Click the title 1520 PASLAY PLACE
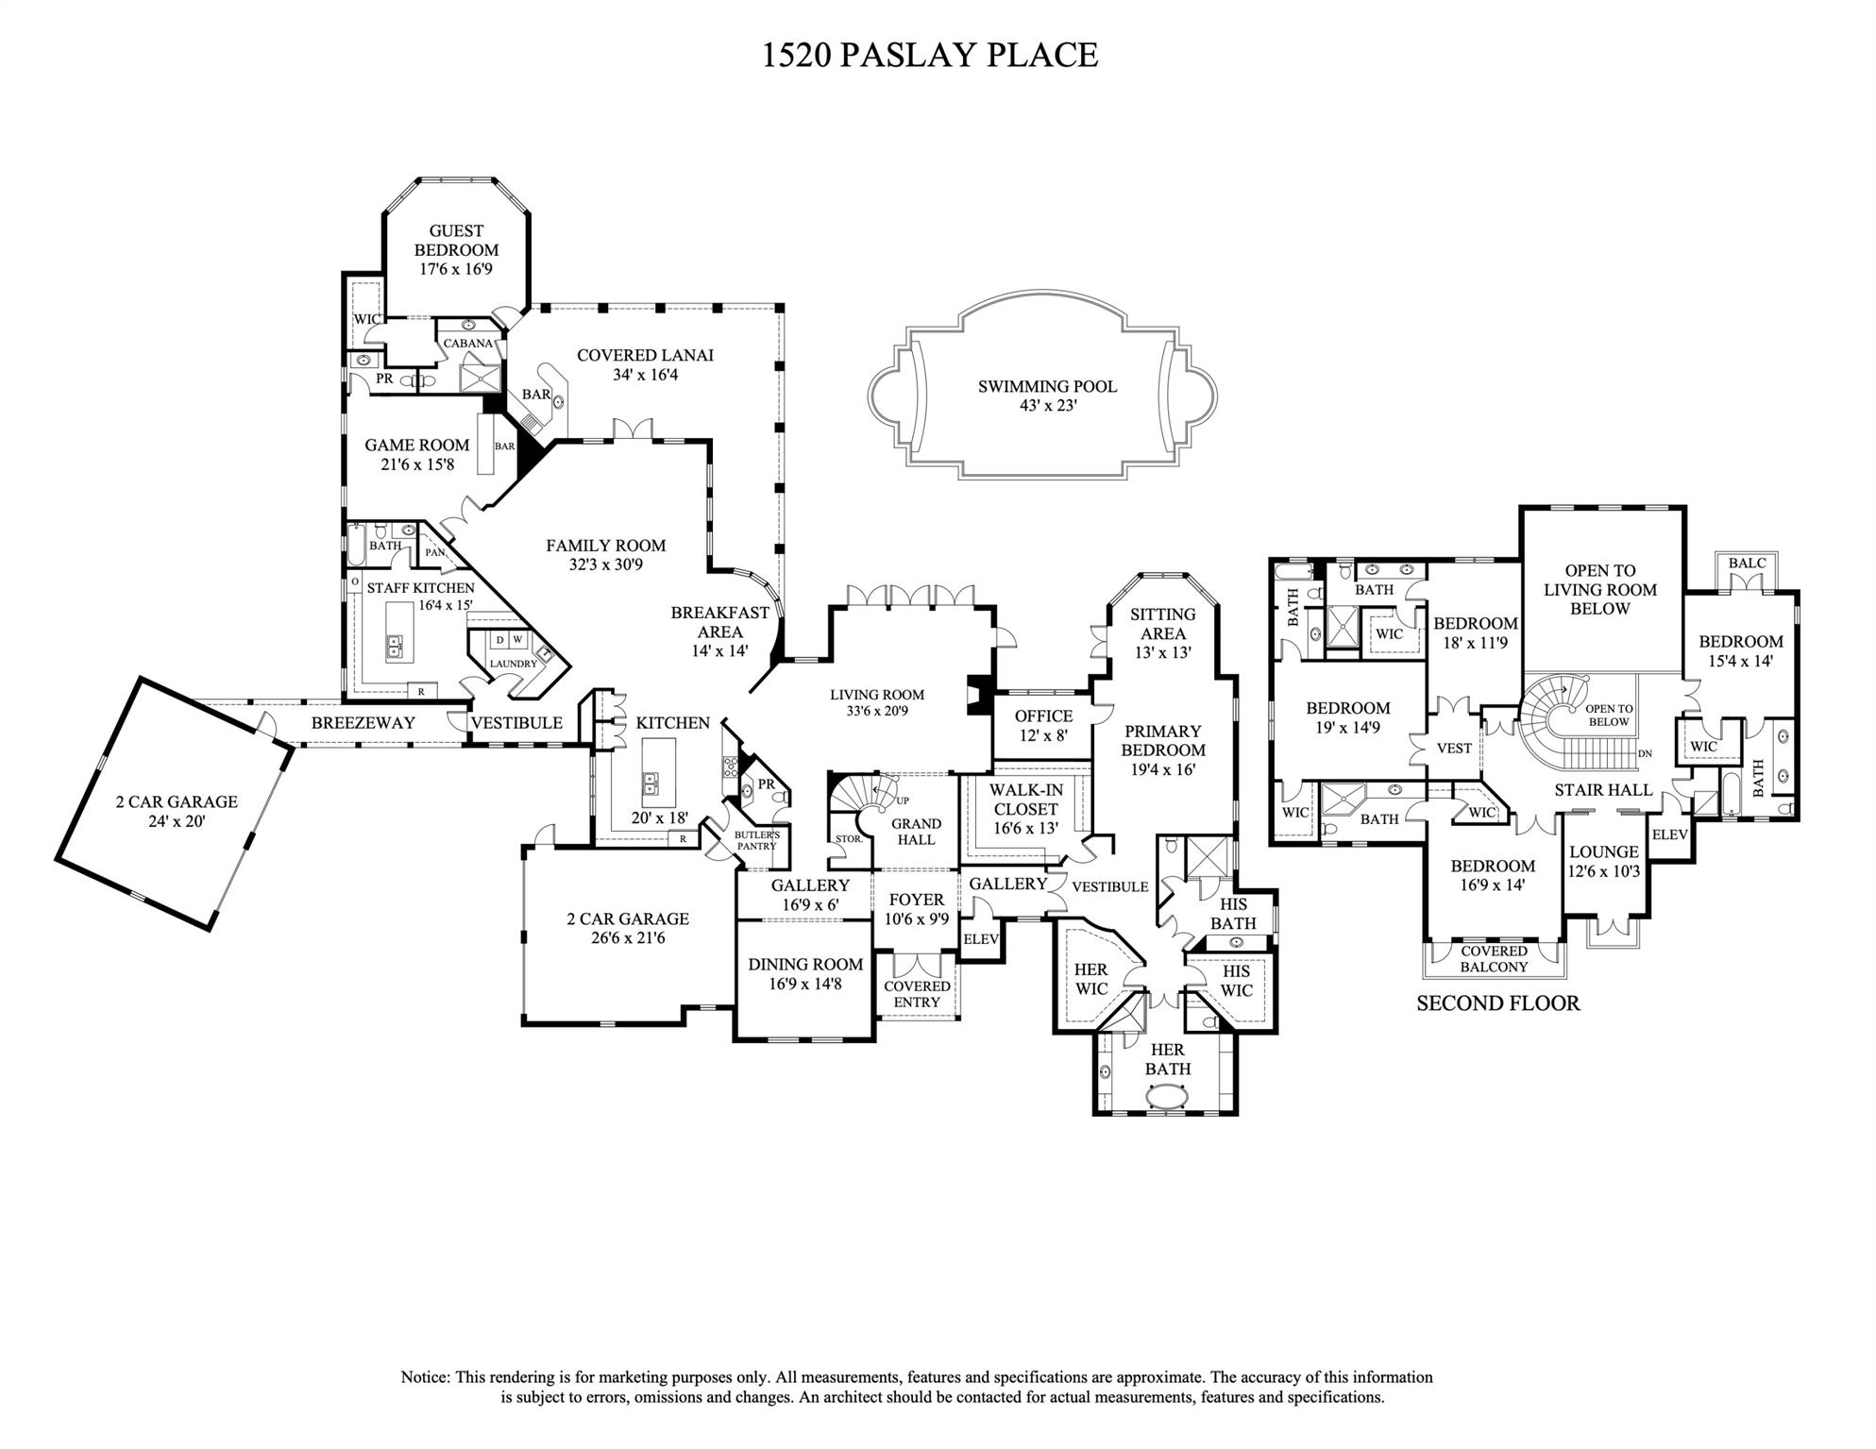point(930,55)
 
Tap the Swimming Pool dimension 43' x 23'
point(1047,406)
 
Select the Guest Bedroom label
point(456,240)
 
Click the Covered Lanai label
point(645,355)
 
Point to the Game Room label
point(416,445)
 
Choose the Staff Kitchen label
point(420,587)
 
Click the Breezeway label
point(363,722)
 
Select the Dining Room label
point(805,964)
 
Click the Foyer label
point(915,900)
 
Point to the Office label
point(1043,716)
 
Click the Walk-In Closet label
point(1025,799)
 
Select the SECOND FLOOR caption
point(1497,1003)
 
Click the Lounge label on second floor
point(1603,851)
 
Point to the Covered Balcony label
point(1494,959)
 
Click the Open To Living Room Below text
point(1599,589)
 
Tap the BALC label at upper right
point(1747,563)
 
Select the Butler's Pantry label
point(757,840)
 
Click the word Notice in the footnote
point(426,1377)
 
